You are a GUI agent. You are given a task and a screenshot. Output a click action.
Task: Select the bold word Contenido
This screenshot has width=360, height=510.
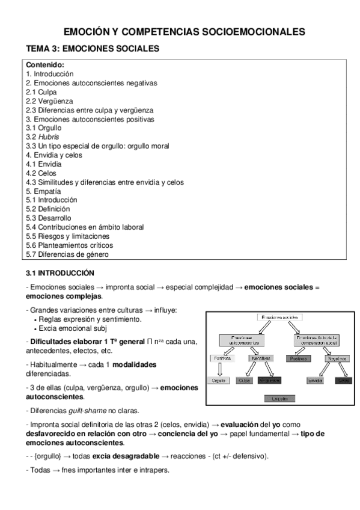(x=45, y=65)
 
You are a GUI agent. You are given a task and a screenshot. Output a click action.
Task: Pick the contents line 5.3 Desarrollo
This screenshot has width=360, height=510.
(x=49, y=218)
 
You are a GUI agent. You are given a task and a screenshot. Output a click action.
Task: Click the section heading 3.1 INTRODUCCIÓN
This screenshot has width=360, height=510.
(x=61, y=272)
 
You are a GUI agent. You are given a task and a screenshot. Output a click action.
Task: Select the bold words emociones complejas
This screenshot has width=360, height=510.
(x=64, y=296)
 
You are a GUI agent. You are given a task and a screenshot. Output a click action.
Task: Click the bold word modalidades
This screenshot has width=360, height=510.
(x=132, y=364)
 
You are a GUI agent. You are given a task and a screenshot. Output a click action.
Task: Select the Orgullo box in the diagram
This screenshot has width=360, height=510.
(x=219, y=380)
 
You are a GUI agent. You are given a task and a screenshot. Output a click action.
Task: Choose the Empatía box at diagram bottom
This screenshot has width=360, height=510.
(x=280, y=398)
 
